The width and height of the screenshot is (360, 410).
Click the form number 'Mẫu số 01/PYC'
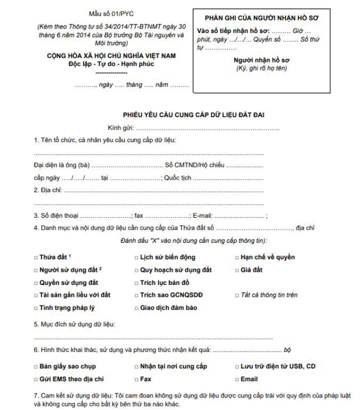click(104, 15)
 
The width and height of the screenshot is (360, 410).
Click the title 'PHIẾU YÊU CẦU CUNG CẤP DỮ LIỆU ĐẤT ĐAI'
click(193, 115)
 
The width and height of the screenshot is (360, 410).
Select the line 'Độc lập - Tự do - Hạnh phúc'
click(104, 64)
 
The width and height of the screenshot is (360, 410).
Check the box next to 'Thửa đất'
click(36, 258)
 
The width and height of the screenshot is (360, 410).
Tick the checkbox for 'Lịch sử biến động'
click(136, 258)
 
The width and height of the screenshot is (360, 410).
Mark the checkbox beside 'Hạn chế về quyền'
click(236, 258)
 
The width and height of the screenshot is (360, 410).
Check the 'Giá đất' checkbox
click(236, 270)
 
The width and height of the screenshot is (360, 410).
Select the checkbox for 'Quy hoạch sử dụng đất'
click(136, 270)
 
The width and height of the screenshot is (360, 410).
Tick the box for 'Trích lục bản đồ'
click(136, 283)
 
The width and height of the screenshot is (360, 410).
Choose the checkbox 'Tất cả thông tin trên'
click(236, 295)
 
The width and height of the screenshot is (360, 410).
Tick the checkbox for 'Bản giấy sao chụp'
click(36, 367)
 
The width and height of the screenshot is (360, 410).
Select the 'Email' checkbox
click(236, 379)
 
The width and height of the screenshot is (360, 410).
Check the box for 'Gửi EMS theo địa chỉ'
click(36, 379)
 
